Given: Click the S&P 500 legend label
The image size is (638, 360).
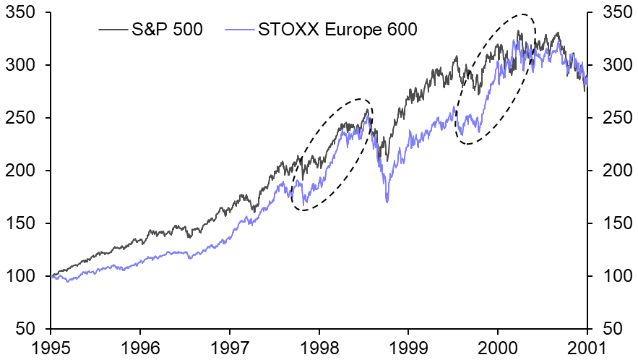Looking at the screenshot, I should point(167,30).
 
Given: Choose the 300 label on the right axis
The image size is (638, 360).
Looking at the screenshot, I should point(611,66).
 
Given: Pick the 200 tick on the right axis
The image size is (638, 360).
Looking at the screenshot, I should point(611,171).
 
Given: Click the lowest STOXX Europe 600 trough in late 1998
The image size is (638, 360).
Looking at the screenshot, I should point(387,202).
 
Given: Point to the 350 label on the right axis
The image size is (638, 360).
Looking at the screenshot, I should point(611,13).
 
